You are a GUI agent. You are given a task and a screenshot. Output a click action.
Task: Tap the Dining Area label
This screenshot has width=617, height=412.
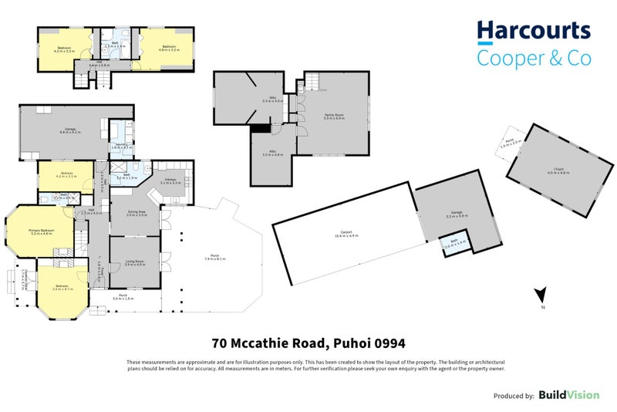137,213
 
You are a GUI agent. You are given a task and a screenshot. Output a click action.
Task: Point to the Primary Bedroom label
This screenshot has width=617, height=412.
42,231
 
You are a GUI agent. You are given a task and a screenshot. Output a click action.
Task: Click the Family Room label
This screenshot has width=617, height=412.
333,116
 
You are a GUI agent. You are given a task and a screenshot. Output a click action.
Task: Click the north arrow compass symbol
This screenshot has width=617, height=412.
542,293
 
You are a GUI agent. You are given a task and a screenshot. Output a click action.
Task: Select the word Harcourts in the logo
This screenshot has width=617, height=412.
533,32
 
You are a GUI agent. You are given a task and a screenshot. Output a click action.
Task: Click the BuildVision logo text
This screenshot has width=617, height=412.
568,395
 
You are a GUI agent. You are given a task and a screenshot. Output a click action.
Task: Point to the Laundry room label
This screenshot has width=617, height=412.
120,145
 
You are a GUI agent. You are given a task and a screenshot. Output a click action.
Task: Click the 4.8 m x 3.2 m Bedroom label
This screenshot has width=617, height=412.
169,48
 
